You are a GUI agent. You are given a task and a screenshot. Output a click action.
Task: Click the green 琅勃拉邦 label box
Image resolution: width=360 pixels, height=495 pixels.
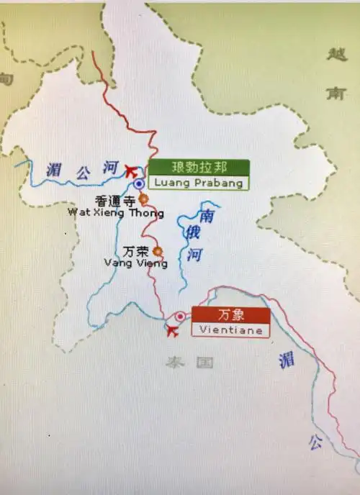(199, 168)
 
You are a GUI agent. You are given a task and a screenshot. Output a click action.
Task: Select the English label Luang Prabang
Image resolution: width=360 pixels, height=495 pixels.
(199, 183)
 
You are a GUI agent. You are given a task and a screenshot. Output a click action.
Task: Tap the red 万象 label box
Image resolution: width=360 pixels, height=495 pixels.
(230, 315)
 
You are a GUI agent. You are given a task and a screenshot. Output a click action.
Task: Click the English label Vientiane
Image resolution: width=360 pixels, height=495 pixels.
(230, 330)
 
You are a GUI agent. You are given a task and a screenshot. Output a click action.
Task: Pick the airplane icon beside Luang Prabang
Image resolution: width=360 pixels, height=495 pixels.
(131, 171)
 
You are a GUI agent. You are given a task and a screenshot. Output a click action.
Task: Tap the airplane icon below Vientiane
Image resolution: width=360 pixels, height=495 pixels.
(172, 330)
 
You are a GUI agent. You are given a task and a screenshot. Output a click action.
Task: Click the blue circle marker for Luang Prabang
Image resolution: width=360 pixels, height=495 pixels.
(138, 183)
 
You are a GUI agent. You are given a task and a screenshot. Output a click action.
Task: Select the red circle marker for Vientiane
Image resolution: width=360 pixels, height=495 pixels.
(180, 316)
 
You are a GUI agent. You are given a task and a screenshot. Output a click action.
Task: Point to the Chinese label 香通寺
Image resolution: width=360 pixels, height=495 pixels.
(114, 201)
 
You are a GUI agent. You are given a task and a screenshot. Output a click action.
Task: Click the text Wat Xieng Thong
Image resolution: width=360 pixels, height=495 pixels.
(115, 213)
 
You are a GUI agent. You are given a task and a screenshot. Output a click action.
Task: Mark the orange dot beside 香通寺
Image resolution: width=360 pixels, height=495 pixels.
(143, 199)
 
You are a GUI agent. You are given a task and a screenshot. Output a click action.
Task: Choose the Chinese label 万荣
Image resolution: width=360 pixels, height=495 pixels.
(137, 252)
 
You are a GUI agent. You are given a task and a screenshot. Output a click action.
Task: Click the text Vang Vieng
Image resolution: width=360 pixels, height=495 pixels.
(136, 263)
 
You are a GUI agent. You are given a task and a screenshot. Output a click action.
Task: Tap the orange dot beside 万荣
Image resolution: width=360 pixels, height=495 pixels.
(158, 251)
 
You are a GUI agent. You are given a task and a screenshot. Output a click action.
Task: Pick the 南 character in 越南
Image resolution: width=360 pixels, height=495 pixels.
(335, 94)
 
